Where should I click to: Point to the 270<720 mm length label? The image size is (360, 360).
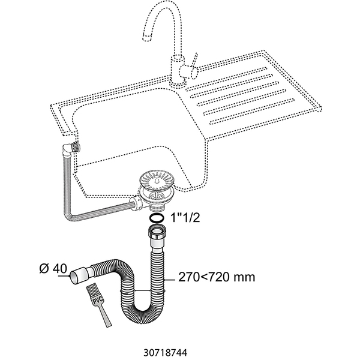[x=217, y=277]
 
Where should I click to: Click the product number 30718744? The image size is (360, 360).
[x=179, y=346]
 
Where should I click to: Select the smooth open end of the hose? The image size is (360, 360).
[x=77, y=277]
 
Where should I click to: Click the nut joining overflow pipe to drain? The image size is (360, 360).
[x=134, y=203]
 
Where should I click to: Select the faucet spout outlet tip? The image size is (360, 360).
[x=147, y=38]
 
